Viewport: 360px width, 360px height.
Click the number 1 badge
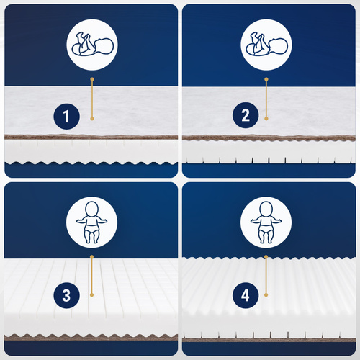point(66,117)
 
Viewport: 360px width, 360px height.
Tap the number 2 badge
point(246,115)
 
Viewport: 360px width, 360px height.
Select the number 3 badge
point(66,295)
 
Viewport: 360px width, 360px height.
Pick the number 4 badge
point(246,295)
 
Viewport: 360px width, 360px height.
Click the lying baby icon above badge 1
point(92,45)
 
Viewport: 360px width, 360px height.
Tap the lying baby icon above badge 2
point(266,45)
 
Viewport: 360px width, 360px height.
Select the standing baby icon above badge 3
point(92,222)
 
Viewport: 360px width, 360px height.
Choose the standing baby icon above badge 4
point(266,222)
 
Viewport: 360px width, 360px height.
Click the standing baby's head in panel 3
point(92,209)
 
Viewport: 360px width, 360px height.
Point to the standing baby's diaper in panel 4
point(266,228)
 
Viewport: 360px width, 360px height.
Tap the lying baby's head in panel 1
point(104,45)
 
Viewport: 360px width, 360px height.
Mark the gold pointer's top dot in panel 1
point(92,79)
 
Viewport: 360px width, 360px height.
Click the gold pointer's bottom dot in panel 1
point(92,119)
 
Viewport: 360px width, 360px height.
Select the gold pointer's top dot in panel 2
point(266,79)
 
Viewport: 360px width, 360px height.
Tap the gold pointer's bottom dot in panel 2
point(266,119)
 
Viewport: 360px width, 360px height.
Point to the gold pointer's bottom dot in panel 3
point(91,294)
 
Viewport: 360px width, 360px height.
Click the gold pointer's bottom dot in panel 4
point(266,294)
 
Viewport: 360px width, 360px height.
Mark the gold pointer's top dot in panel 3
point(91,257)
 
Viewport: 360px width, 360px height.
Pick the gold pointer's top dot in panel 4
point(266,257)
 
